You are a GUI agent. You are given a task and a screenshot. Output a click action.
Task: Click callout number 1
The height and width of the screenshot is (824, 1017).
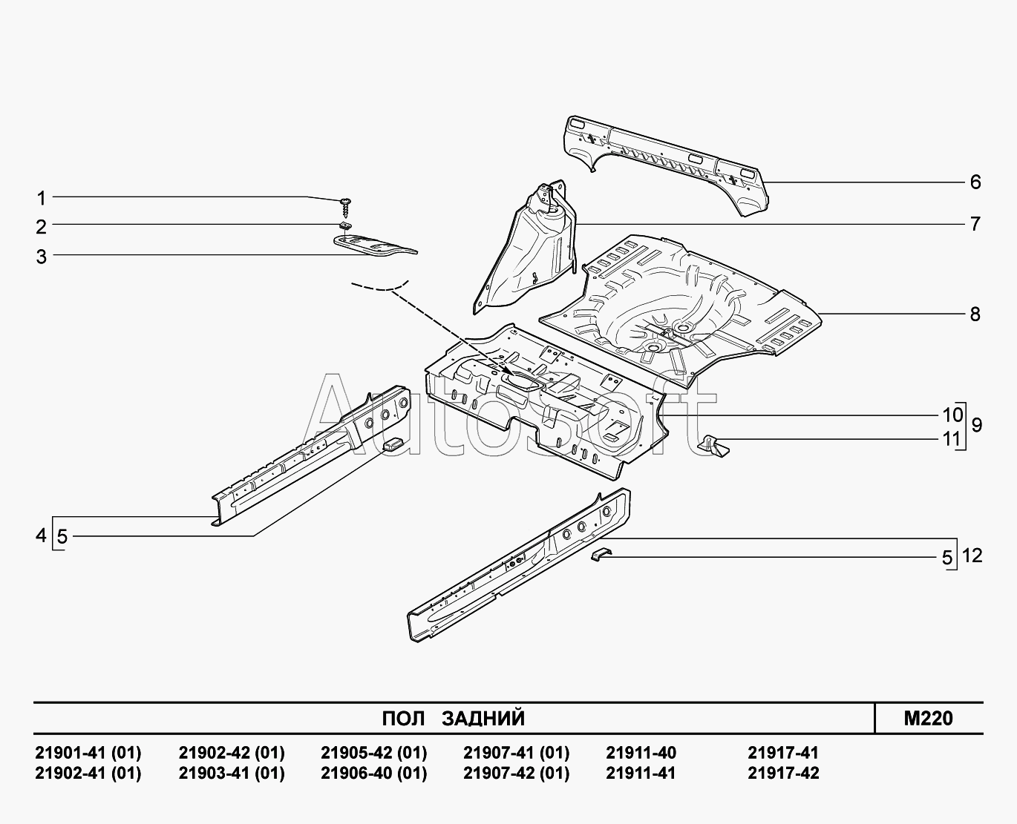[42, 198]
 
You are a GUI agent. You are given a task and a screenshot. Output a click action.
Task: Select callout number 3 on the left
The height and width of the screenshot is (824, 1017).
[42, 257]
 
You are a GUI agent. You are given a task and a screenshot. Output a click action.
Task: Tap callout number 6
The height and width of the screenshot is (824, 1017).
[975, 182]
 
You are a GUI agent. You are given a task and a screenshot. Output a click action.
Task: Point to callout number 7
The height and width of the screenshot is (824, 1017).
[975, 224]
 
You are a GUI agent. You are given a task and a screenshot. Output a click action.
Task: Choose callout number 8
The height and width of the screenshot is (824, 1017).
[975, 314]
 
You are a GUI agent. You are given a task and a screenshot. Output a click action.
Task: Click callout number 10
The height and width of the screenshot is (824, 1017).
[952, 415]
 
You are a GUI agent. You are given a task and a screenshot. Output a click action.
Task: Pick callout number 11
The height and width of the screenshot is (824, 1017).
[952, 439]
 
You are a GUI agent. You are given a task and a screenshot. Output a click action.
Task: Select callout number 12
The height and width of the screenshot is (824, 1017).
[972, 556]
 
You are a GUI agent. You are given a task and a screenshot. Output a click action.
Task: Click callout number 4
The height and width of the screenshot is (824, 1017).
[41, 535]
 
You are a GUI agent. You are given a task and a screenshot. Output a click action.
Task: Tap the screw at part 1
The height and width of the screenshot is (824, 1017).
[345, 208]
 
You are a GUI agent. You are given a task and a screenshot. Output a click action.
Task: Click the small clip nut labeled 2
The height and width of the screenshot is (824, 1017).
[344, 225]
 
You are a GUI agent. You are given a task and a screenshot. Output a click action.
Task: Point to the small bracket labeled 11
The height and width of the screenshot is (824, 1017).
[713, 446]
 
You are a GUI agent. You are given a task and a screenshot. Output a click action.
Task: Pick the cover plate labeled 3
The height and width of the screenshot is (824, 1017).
[375, 245]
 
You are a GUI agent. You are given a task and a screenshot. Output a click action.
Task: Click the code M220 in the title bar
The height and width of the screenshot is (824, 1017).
[928, 718]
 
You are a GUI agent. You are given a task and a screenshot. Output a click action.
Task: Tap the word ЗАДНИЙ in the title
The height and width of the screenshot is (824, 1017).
[483, 719]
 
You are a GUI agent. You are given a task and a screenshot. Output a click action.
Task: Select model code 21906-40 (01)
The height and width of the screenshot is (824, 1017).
[374, 773]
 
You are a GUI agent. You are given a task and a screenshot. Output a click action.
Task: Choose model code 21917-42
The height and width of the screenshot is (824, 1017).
[783, 773]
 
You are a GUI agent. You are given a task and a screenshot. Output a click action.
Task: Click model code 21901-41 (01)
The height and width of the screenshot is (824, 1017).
[88, 753]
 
